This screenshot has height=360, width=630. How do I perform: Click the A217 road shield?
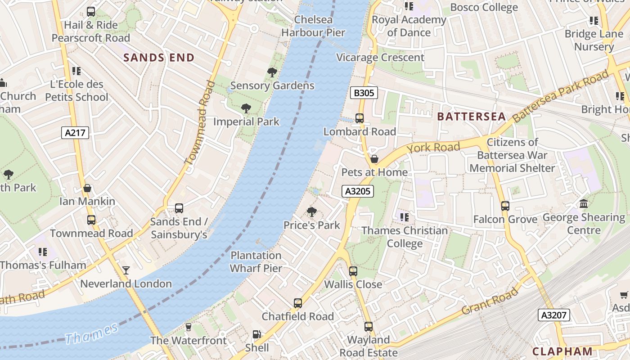pyautogui.click(x=75, y=133)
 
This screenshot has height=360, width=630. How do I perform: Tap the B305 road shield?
pyautogui.click(x=364, y=93)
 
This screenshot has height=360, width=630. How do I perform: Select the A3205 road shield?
pyautogui.click(x=358, y=191)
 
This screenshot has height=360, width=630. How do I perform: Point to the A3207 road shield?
pyautogui.click(x=553, y=315)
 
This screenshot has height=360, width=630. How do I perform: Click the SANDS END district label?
pyautogui.click(x=159, y=58)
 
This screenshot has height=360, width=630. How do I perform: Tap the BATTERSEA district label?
pyautogui.click(x=472, y=117)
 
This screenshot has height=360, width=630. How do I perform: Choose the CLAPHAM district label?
pyautogui.click(x=562, y=351)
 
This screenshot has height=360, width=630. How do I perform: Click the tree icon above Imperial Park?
pyautogui.click(x=246, y=108)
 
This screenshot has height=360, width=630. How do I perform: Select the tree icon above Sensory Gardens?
pyautogui.click(x=272, y=72)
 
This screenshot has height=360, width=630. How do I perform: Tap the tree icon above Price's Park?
pyautogui.click(x=311, y=211)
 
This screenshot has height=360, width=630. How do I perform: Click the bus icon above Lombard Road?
pyautogui.click(x=359, y=118)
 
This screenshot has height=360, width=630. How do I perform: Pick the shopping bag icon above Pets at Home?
pyautogui.click(x=374, y=159)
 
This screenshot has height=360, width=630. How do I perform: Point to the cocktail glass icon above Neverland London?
pyautogui.click(x=126, y=270)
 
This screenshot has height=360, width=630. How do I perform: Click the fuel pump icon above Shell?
pyautogui.click(x=256, y=334)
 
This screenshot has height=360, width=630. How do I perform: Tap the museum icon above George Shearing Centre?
pyautogui.click(x=584, y=204)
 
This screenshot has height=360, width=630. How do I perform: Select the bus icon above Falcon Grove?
pyautogui.click(x=505, y=206)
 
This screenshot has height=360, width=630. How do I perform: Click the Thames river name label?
pyautogui.click(x=91, y=333)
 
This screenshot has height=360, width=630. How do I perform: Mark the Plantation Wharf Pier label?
pyautogui.click(x=256, y=262)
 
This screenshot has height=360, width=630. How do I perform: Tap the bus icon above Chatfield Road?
pyautogui.click(x=297, y=303)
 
